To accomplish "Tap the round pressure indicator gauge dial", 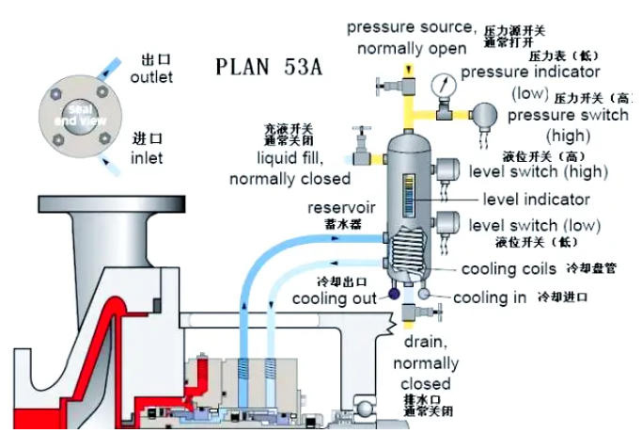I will (439, 84).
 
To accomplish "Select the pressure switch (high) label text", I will (567, 124).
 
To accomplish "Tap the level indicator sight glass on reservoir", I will (406, 199).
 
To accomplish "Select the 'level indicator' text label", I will (536, 200).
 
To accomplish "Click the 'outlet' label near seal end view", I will (151, 77).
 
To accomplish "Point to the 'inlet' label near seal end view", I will (147, 158).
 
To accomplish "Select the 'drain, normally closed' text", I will (425, 363).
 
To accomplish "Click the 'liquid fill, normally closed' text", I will (290, 168).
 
